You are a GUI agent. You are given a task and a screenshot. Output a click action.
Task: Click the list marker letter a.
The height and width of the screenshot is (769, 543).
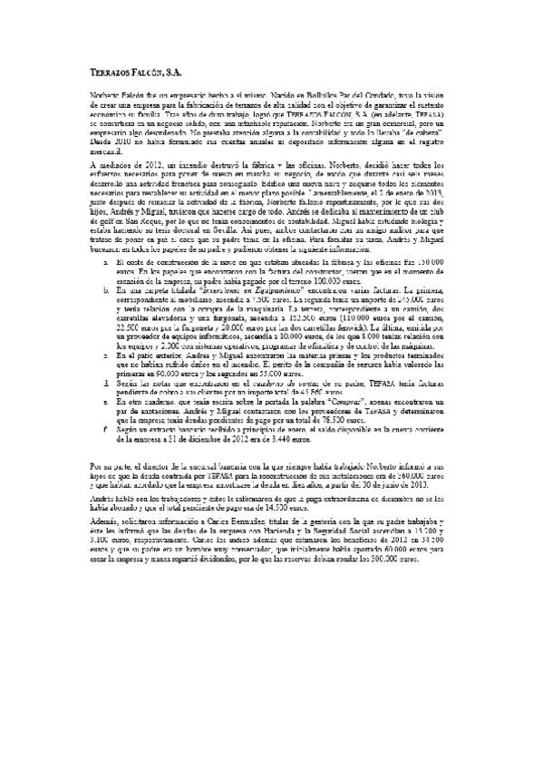click(x=107, y=287)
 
